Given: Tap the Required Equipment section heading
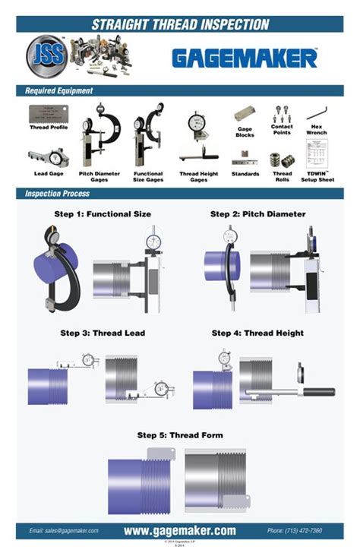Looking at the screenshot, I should click(59, 90).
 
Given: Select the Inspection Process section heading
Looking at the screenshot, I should click(58, 194).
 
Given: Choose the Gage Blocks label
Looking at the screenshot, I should click(245, 132).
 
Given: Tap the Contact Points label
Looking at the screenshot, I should click(283, 129).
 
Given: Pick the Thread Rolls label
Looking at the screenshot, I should click(283, 176).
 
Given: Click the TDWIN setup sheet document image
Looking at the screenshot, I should click(316, 158).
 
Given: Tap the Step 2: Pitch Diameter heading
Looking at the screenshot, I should click(257, 214).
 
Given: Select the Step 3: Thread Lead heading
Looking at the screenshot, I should click(103, 333).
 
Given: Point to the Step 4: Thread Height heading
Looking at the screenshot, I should click(257, 333).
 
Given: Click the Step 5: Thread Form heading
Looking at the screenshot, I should click(180, 435).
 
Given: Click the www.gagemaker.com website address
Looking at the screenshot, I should click(180, 531).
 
